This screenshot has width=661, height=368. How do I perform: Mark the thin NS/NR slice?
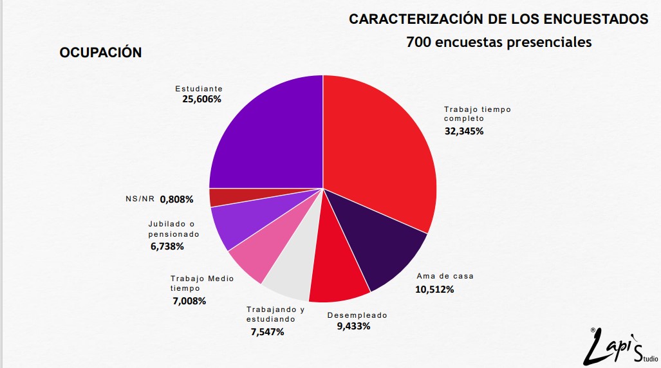[x=222, y=198]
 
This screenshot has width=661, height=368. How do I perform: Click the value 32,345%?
[x=464, y=131]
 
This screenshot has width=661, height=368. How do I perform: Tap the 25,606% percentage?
[x=201, y=99]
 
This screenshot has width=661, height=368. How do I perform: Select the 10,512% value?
[x=434, y=290]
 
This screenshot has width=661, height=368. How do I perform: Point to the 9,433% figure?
[x=353, y=326]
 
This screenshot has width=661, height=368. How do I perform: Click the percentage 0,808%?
[x=176, y=199]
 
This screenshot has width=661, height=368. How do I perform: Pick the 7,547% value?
[x=267, y=332]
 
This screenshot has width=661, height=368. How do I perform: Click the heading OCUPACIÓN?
[x=100, y=53]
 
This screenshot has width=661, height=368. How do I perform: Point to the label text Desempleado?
[x=357, y=315]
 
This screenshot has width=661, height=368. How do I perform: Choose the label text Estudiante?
[x=199, y=89]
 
